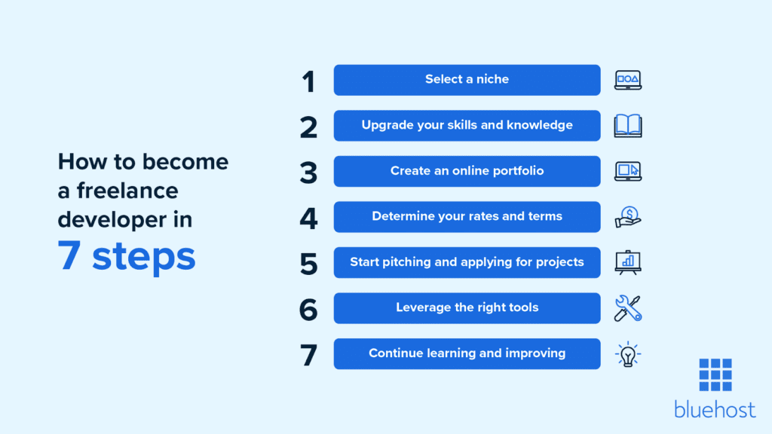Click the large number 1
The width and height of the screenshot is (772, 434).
(x=308, y=81)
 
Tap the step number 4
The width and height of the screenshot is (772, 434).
(x=308, y=217)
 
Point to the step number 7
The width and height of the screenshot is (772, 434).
(x=309, y=354)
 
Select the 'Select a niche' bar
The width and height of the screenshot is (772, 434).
(x=467, y=80)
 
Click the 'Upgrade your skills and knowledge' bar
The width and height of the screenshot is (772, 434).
(x=467, y=125)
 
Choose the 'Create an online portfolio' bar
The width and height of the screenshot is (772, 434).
(x=467, y=171)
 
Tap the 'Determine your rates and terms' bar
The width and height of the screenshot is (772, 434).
(x=467, y=216)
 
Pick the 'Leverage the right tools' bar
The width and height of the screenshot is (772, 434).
(x=467, y=307)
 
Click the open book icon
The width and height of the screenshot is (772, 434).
(x=627, y=125)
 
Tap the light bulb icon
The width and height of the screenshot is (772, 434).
(x=627, y=353)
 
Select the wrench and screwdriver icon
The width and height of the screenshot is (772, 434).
(x=627, y=307)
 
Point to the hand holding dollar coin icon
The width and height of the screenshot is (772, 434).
(x=627, y=217)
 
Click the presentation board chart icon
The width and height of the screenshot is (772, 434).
(x=627, y=262)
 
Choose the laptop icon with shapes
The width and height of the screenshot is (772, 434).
(x=627, y=80)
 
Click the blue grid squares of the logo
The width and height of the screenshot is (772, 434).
(x=715, y=374)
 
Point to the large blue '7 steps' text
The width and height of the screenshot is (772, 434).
(x=127, y=255)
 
